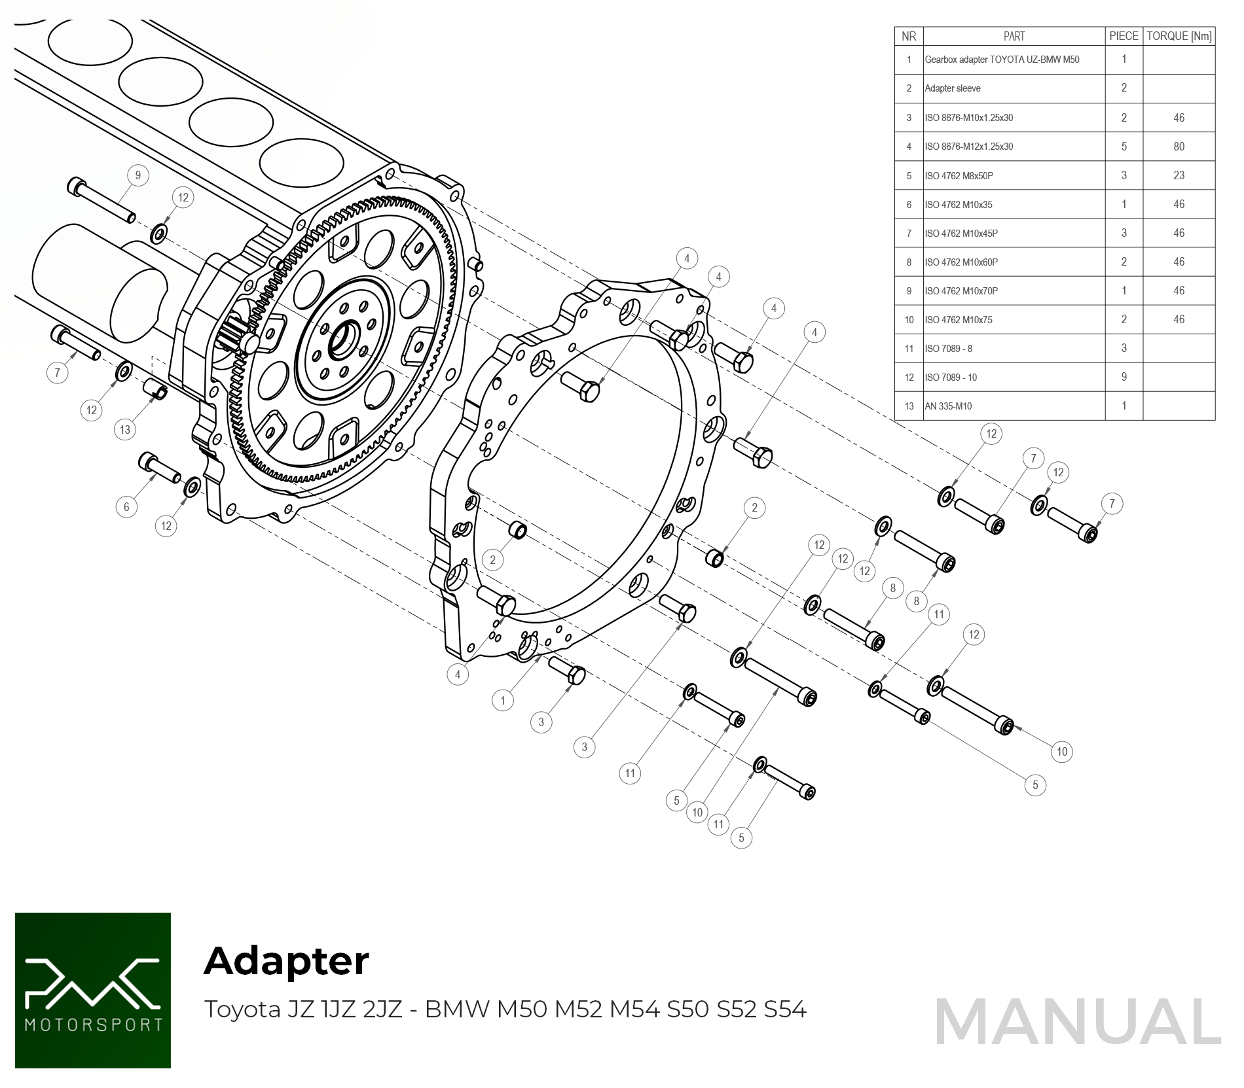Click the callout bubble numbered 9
137,175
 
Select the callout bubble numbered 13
125,430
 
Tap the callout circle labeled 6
126,506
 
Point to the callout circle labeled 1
503,701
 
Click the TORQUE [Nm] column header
1179,37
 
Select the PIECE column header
1124,37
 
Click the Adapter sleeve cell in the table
953,88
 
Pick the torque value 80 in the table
1179,147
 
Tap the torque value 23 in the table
1179,175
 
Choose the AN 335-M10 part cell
948,406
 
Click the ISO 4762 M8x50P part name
959,176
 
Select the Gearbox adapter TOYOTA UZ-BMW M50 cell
1002,60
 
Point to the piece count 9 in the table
1124,377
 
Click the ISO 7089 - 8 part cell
948,349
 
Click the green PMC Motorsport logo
93,990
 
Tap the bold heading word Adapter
286,960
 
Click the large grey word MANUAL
1078,1022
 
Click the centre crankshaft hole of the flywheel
342,340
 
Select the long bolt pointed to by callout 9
101,200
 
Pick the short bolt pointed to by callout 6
160,468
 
